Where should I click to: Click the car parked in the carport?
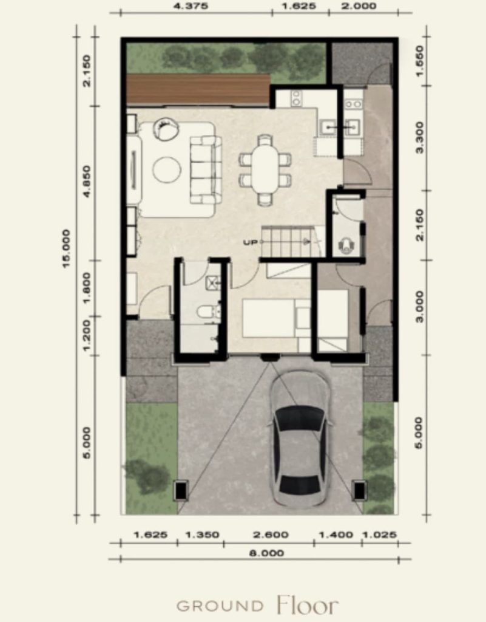coord(300,440)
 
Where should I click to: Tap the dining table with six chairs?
coord(265,170)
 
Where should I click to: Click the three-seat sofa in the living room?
coord(205,170)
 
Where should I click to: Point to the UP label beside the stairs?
coord(250,242)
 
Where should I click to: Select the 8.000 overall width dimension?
coord(266,553)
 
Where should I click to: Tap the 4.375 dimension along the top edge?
coord(191,6)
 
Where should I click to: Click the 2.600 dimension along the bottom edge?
coord(271,535)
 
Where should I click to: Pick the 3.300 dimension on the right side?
coord(420,137)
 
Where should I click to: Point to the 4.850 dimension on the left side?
coord(87,181)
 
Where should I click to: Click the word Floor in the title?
coord(308,606)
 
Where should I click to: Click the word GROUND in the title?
coord(220,606)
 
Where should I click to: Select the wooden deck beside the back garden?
coord(198,89)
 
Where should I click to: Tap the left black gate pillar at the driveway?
coord(181,490)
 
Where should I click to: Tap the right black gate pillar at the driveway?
coord(359,490)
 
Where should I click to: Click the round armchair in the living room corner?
coord(166,129)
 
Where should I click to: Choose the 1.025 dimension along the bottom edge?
coord(379,535)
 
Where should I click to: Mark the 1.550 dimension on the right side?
coord(420,61)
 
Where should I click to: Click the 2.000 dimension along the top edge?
coord(359,6)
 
